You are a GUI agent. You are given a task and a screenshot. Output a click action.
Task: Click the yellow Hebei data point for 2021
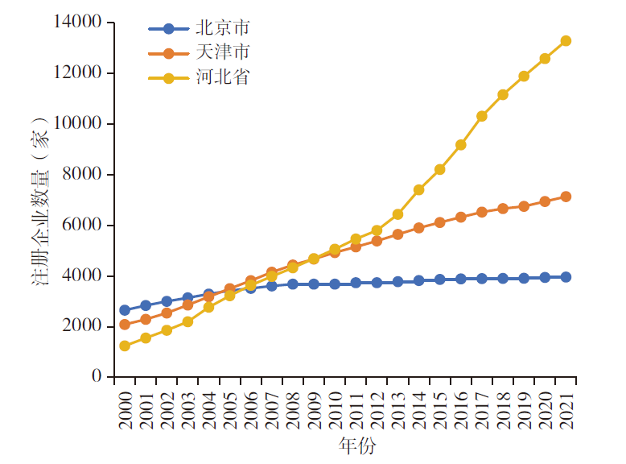tap(566, 40)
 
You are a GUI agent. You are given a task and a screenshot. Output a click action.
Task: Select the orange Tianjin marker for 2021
tap(566, 197)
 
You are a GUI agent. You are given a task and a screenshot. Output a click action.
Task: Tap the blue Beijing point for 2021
tap(566, 277)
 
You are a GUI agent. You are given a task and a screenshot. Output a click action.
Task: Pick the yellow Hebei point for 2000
tap(125, 346)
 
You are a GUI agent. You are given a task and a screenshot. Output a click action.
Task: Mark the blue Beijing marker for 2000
tap(125, 310)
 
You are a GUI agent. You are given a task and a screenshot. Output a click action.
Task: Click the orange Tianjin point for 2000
tap(125, 325)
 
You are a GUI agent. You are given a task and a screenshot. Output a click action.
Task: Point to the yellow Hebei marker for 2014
tap(418, 190)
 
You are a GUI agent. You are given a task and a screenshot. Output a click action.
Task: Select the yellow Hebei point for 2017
tap(481, 116)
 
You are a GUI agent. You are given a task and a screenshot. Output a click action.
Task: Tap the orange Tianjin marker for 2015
tap(439, 222)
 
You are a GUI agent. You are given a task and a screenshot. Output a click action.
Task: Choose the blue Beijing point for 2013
tap(397, 282)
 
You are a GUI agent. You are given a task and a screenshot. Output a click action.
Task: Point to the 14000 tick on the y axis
tap(78, 23)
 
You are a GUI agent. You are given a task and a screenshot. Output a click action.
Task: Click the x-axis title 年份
tap(356, 445)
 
